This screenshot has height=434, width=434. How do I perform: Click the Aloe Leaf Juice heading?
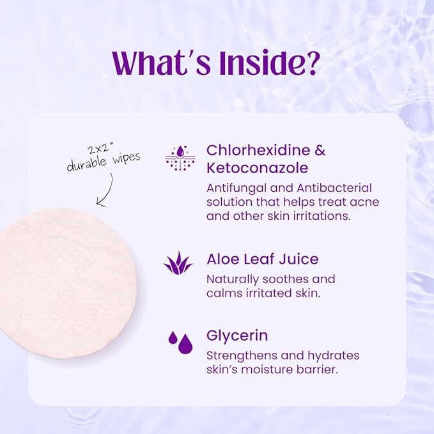tap(262, 260)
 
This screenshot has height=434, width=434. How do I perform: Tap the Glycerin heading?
tap(237, 336)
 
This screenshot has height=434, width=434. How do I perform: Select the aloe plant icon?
tap(178, 263)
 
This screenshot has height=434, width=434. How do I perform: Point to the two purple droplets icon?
tap(180, 342)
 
